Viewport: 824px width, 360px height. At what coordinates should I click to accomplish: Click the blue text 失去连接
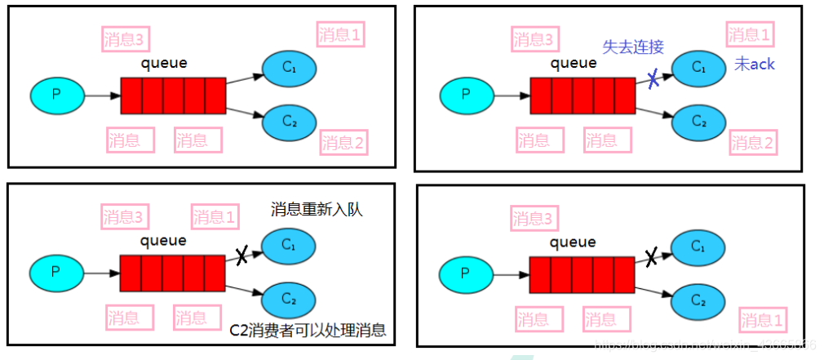(x=633, y=47)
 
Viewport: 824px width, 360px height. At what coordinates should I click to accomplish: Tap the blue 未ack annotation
(x=754, y=64)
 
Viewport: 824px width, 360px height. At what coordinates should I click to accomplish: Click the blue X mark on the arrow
(x=653, y=79)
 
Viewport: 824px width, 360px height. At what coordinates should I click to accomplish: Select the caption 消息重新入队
(x=316, y=210)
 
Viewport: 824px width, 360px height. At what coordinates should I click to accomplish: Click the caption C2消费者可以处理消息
(x=308, y=330)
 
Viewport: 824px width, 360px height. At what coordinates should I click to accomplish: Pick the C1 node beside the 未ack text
(x=698, y=68)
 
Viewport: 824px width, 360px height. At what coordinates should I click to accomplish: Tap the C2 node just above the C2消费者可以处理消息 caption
(x=288, y=298)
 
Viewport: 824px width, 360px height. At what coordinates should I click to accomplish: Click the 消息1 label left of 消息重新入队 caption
(x=215, y=218)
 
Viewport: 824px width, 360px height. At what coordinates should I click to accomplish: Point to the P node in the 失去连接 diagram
(x=465, y=95)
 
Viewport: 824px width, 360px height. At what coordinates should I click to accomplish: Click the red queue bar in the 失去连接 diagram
(x=582, y=95)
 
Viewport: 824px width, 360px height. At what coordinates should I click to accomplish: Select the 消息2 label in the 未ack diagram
(x=751, y=144)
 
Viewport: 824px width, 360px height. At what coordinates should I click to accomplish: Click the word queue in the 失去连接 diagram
(x=574, y=63)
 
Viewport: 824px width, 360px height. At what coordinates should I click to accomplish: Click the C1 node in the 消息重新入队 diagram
(x=288, y=245)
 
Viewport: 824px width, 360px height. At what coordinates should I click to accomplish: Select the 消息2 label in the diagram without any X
(x=343, y=144)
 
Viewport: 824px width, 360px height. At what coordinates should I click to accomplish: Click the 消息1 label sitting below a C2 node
(x=763, y=319)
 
